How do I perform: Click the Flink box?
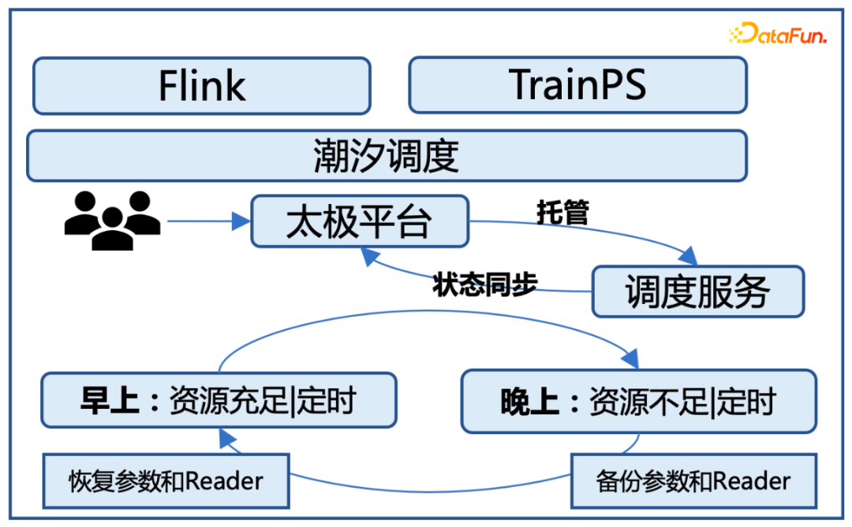pyautogui.click(x=201, y=86)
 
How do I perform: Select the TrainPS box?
pyautogui.click(x=577, y=85)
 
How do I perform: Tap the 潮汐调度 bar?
pyautogui.click(x=387, y=156)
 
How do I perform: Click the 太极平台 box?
pyautogui.click(x=359, y=221)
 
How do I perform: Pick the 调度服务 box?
pyautogui.click(x=697, y=291)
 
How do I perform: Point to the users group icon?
pyautogui.click(x=112, y=220)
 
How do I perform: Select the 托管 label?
pyautogui.click(x=562, y=213)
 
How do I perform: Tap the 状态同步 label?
pyautogui.click(x=484, y=285)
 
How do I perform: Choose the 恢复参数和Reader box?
pyautogui.click(x=165, y=480)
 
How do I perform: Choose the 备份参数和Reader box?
pyautogui.click(x=693, y=480)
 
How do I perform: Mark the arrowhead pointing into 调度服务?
pyautogui.click(x=689, y=257)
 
